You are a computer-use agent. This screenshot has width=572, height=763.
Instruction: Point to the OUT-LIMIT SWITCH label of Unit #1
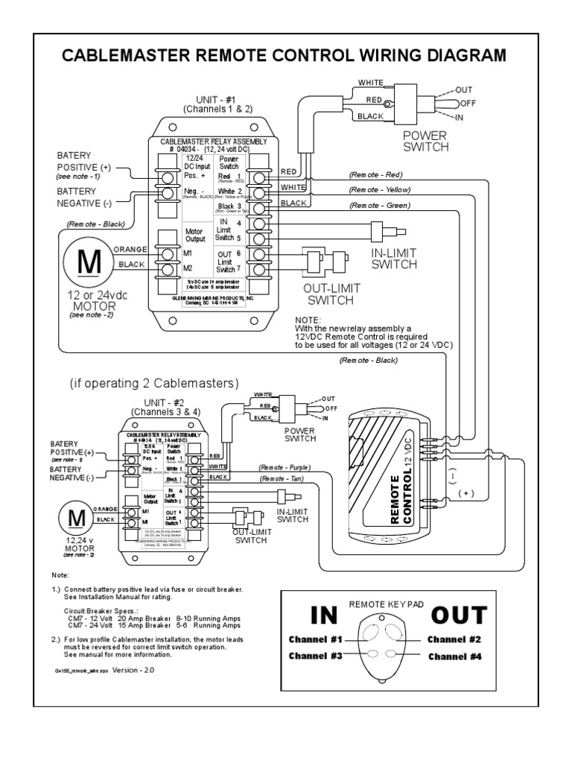(324, 293)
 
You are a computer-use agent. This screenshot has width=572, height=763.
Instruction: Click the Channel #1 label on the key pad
(316, 639)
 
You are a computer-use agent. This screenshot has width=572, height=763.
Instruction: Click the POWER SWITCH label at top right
(425, 141)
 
